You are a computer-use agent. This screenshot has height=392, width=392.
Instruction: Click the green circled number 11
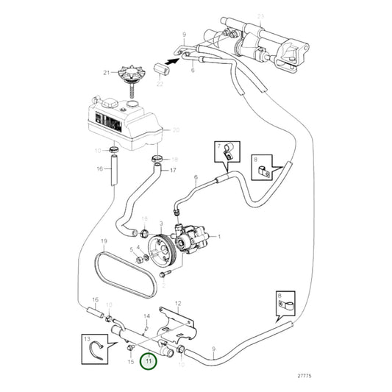149,360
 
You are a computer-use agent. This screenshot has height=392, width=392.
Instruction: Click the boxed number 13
87,340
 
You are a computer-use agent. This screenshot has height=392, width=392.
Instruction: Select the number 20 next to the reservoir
176,130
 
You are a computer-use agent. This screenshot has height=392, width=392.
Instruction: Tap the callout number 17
174,171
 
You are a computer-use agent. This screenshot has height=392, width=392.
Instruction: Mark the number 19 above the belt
104,241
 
